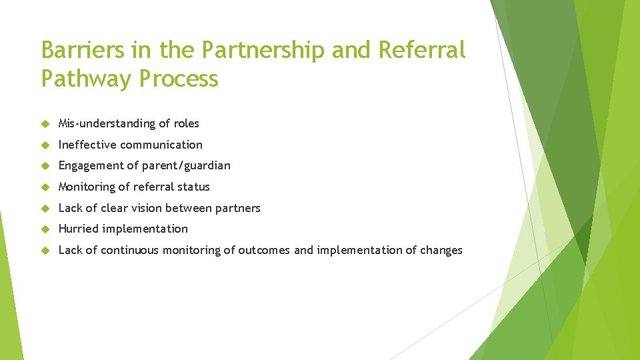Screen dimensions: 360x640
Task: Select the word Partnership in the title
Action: tap(249, 49)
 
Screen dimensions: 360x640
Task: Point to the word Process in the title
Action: tap(179, 79)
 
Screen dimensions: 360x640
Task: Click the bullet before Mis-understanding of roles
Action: tap(45, 124)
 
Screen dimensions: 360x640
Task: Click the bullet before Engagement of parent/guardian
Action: tap(45, 166)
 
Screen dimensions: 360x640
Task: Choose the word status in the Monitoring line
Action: tap(192, 187)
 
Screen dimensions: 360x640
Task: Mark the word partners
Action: tap(237, 208)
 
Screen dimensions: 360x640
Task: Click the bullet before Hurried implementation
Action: tap(45, 229)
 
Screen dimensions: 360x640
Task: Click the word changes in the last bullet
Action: tap(441, 250)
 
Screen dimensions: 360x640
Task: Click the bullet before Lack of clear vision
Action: tap(45, 209)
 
